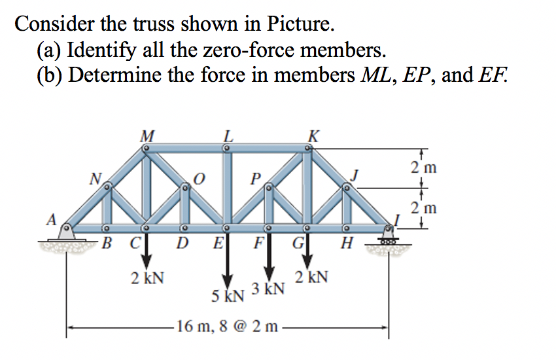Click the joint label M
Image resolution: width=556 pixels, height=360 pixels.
click(147, 136)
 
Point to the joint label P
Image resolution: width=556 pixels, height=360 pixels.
click(256, 178)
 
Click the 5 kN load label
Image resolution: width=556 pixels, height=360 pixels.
click(228, 295)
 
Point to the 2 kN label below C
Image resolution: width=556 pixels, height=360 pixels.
click(147, 278)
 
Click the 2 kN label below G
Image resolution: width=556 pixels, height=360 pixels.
click(311, 277)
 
